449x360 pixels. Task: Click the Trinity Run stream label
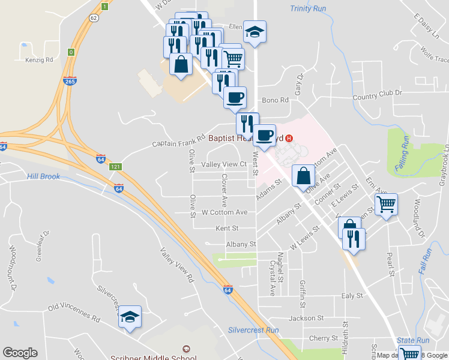coord(307,8)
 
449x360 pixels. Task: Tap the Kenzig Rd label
coord(40,60)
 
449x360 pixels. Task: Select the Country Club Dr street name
coord(377,95)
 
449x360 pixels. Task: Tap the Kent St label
coord(227,229)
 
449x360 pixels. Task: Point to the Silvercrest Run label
coord(253,331)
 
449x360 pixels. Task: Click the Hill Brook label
coord(43,176)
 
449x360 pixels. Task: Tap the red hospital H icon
coord(290,138)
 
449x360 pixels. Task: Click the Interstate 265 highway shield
coord(70,80)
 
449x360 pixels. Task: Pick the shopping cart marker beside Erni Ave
coord(386,203)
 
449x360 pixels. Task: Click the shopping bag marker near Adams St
coord(304,176)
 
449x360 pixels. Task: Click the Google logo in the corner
coord(20,353)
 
